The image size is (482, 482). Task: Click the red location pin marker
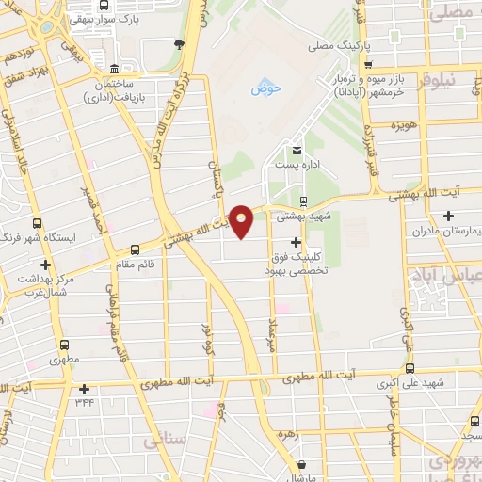pos(242,221)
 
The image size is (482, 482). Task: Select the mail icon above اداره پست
pos(297,151)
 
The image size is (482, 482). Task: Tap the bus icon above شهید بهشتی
pos(302,201)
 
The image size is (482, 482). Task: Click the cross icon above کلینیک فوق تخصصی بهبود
pos(296,242)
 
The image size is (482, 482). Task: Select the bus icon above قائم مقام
pos(136,249)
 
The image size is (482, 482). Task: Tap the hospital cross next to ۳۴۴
pos(85,389)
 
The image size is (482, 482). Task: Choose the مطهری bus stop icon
pos(65,345)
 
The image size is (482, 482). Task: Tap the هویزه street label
pos(405,125)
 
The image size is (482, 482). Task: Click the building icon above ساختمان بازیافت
pos(114,68)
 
